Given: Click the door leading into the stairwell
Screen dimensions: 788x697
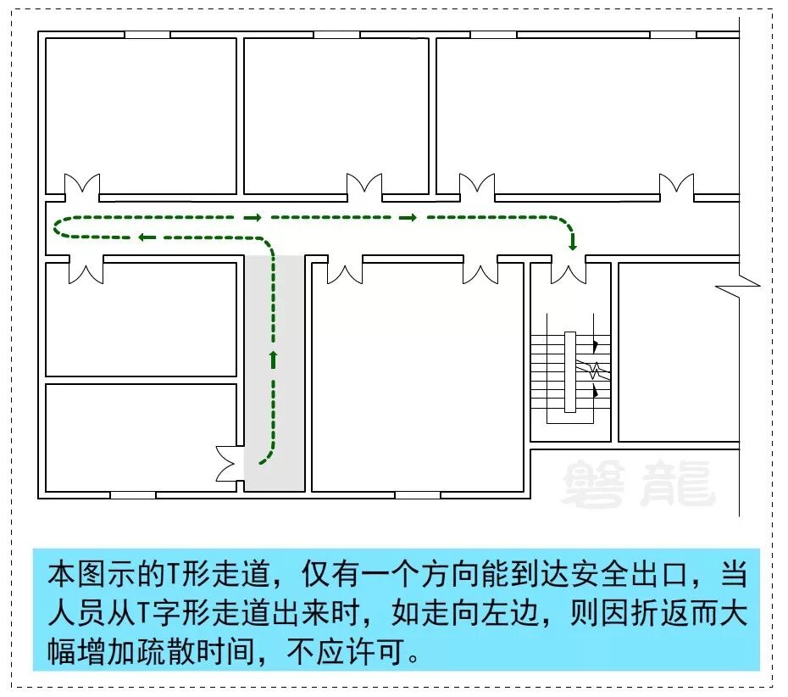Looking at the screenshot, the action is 569,270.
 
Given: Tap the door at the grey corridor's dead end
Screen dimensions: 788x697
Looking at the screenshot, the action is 230,464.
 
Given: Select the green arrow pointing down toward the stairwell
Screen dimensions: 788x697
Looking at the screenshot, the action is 574,243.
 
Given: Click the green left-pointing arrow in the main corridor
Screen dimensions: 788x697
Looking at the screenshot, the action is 146,237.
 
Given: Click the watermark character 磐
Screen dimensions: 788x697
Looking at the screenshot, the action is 593,483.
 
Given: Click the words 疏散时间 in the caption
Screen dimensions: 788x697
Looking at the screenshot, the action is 236,653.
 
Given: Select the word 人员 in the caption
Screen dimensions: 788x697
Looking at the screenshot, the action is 74,614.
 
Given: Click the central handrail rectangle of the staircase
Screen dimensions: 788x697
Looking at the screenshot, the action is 570,371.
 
